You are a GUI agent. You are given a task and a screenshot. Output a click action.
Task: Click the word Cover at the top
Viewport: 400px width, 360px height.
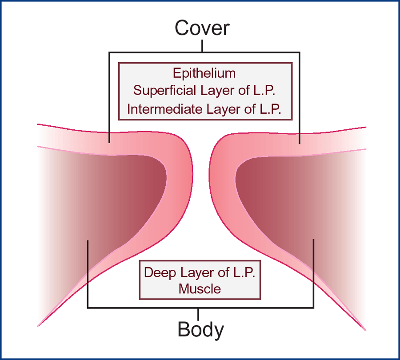click(x=202, y=28)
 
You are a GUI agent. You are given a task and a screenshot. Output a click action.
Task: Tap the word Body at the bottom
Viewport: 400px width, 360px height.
click(x=200, y=330)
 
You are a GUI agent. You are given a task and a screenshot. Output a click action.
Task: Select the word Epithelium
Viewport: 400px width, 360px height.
click(x=204, y=74)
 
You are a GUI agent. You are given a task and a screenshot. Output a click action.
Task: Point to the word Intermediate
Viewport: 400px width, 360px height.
click(x=164, y=109)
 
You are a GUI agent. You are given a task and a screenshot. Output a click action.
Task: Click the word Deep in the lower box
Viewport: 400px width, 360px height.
click(x=160, y=273)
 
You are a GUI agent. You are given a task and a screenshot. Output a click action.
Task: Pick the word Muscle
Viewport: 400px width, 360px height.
click(x=200, y=289)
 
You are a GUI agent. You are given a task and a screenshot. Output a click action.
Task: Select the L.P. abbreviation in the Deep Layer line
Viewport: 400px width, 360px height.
click(x=244, y=272)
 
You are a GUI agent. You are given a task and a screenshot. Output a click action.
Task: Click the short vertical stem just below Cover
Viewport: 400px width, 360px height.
click(x=202, y=46)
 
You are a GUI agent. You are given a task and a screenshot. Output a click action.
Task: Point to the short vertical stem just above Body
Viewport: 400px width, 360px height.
click(x=198, y=314)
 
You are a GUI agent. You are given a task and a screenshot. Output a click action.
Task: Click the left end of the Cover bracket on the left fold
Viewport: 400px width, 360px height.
click(x=109, y=142)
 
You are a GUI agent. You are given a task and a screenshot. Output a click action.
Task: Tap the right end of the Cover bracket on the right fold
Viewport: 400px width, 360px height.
click(x=300, y=144)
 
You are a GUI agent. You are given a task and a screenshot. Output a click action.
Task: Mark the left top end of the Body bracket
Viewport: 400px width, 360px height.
click(x=88, y=241)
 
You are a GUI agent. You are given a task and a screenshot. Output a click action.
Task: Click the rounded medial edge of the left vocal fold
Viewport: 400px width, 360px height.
click(x=192, y=173)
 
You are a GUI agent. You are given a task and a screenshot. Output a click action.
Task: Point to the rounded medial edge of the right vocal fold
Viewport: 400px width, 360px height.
click(x=209, y=176)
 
